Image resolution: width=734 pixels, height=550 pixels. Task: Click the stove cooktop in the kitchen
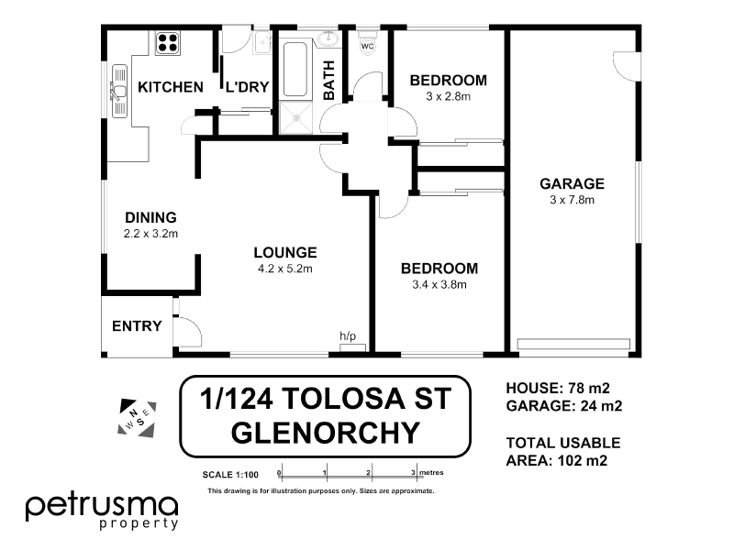169,42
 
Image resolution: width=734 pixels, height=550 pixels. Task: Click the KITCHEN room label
170,87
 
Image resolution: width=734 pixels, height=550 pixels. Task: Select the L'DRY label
246,87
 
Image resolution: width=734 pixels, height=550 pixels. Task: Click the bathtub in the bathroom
295,68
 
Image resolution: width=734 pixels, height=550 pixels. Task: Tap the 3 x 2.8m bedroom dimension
448,96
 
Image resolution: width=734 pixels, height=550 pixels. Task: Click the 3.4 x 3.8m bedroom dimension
439,284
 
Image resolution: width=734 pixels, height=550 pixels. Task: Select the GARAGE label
571,183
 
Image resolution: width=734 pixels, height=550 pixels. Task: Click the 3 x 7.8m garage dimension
571,199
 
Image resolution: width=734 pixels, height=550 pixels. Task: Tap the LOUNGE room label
286,252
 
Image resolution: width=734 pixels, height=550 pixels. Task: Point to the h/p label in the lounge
348,336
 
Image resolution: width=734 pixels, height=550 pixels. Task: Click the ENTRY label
137,326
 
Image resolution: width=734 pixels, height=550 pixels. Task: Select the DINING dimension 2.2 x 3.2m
150,234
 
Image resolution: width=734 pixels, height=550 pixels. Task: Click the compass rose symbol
138,417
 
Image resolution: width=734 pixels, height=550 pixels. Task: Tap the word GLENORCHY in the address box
325,430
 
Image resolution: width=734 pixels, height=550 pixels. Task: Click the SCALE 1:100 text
231,474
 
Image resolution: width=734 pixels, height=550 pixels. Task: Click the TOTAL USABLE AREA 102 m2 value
577,460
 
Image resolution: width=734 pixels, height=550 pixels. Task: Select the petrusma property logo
101,510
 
